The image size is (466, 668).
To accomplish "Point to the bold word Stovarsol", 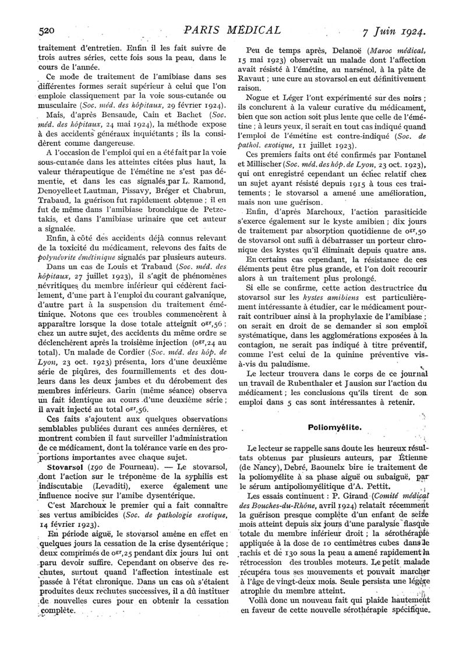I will [63, 468].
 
